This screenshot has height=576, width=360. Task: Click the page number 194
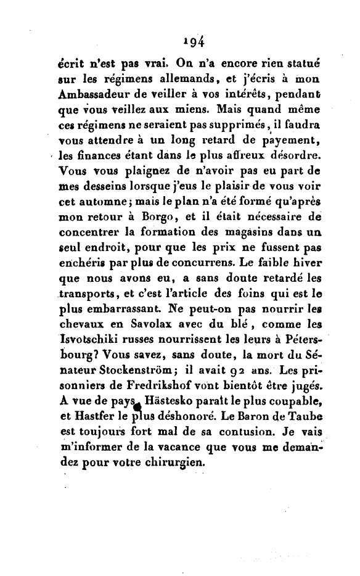[x=194, y=41]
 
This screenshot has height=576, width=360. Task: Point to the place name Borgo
[x=163, y=218]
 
